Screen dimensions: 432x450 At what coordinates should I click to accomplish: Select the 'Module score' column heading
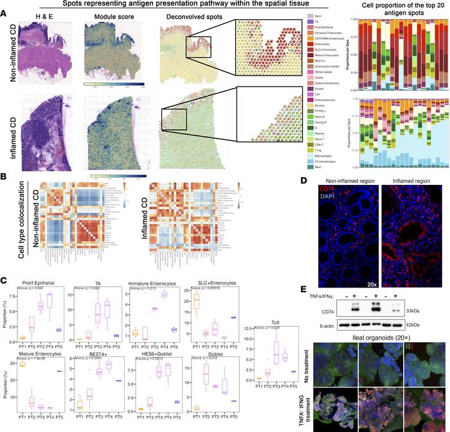[105, 15]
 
